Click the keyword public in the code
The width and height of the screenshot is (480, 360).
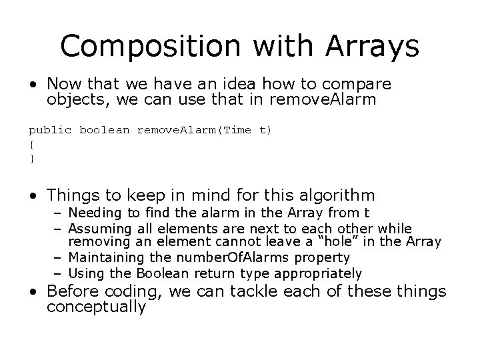point(51,131)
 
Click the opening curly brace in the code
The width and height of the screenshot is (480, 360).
point(31,143)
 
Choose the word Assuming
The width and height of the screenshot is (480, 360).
point(97,229)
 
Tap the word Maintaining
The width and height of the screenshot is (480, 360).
point(103,257)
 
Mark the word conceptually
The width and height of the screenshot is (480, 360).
point(96,307)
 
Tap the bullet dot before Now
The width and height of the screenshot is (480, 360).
point(32,85)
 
